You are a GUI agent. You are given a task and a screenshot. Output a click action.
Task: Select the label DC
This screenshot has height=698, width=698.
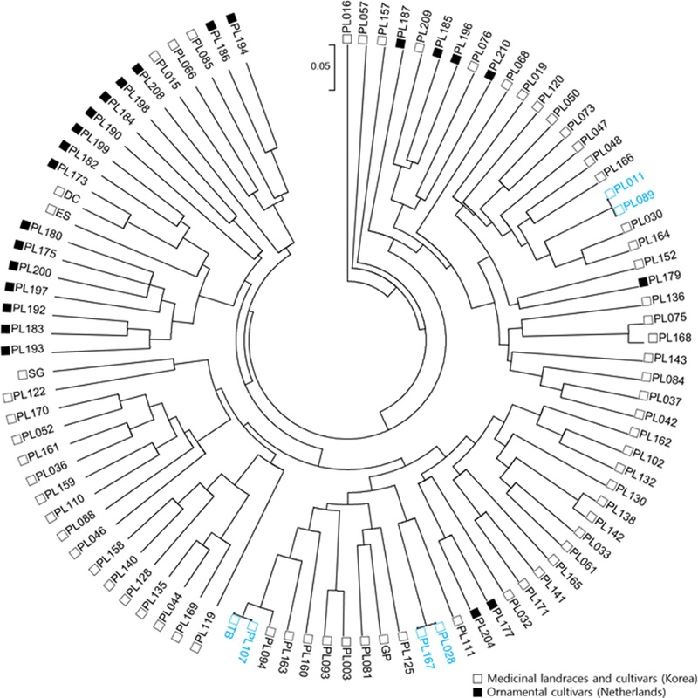(x=72, y=196)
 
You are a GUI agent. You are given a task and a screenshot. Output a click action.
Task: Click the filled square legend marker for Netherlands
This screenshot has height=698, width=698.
(x=477, y=691)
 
